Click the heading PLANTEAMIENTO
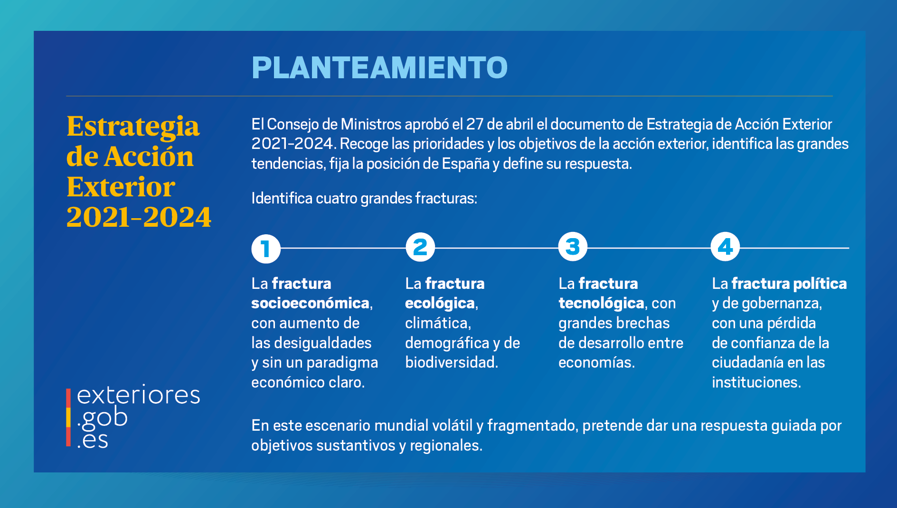point(379,67)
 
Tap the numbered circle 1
point(266,249)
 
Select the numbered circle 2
point(420,247)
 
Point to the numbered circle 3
point(573,247)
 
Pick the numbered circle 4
point(725,247)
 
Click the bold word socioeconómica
point(310,303)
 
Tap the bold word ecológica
point(440,303)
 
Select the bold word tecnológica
point(601,303)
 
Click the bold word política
point(820,284)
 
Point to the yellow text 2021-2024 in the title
point(139,217)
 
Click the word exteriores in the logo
point(138,395)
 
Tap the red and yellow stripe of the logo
point(68,417)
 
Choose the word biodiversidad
point(450,362)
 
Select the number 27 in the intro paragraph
point(474,124)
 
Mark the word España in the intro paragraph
point(465,164)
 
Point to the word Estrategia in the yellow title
point(133,126)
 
